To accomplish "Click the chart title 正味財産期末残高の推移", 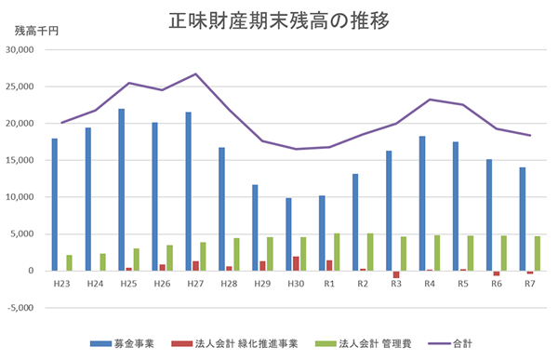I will coord(278,20).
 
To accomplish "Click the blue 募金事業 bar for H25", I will coord(122,190).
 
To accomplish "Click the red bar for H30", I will coord(296,263).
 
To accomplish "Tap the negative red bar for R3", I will coord(396,274).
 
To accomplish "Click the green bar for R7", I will coord(537,253).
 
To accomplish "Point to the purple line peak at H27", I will coord(195,74).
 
